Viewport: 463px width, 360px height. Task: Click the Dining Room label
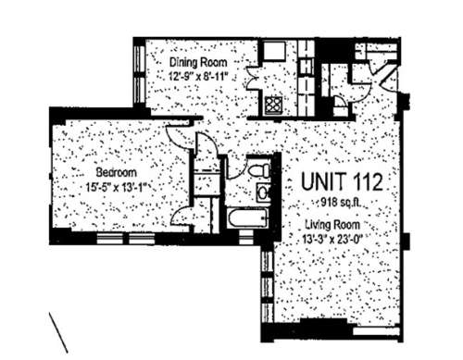tap(198, 62)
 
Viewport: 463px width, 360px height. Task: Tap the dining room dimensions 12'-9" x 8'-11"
tap(198, 76)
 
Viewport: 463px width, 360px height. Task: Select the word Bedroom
tap(117, 172)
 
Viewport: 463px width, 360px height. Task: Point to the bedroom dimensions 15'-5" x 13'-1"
tap(116, 187)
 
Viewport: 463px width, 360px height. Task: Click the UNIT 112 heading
tap(342, 182)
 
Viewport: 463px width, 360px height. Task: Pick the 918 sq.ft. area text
tap(341, 203)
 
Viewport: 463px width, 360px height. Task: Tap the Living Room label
tap(332, 224)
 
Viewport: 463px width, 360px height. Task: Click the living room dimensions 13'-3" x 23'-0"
tap(332, 239)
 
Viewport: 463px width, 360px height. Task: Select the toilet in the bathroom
tap(258, 170)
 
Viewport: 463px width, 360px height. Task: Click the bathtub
tap(247, 218)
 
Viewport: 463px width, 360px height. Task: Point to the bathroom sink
tap(263, 192)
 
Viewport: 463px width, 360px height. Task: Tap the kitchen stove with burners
tap(273, 106)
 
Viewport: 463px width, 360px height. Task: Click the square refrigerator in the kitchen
tap(274, 51)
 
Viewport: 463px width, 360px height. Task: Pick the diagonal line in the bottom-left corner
tap(58, 332)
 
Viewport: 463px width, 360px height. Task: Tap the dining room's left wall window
tap(139, 74)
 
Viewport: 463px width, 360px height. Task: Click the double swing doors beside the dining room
tap(254, 78)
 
